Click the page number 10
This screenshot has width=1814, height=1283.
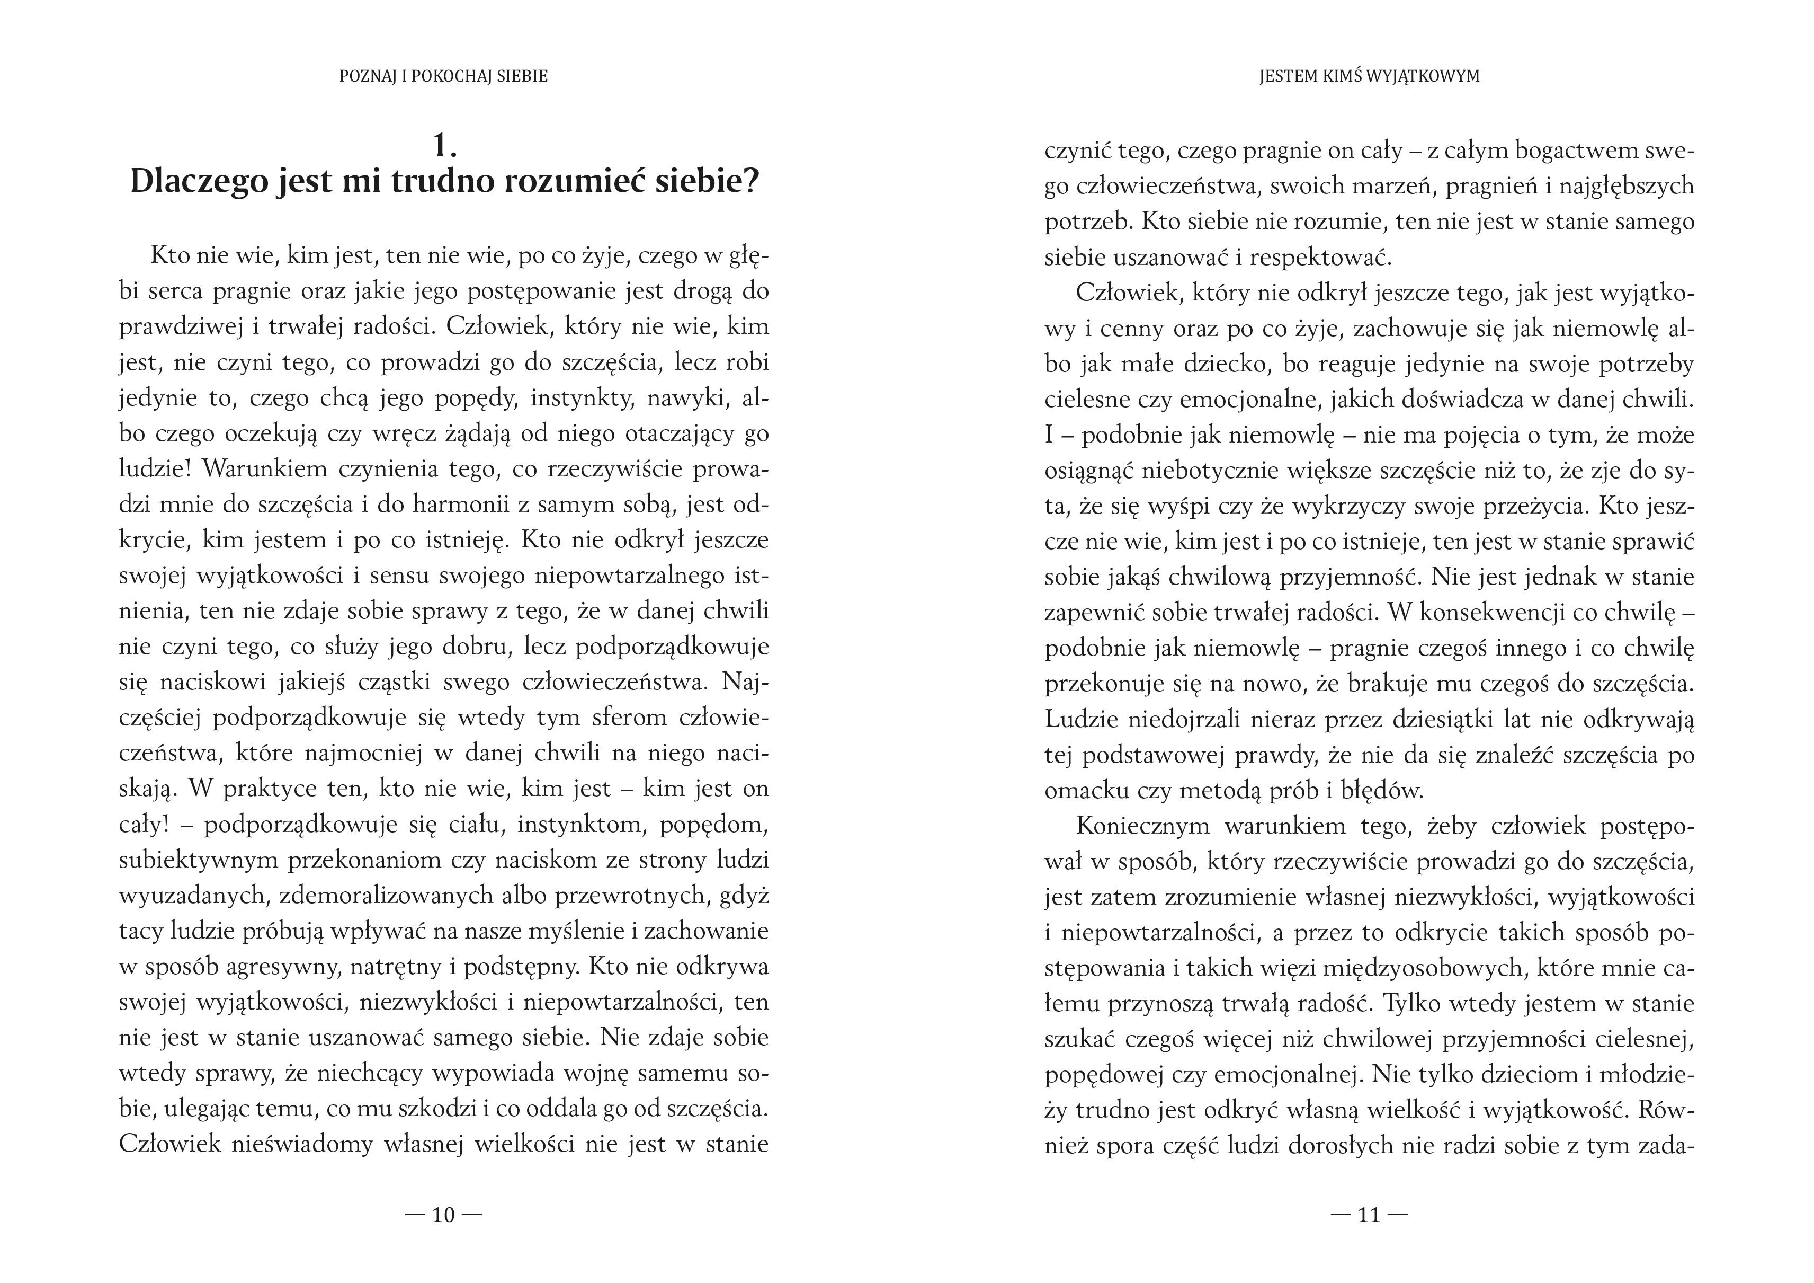443,1215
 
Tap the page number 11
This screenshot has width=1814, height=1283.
1369,1215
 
